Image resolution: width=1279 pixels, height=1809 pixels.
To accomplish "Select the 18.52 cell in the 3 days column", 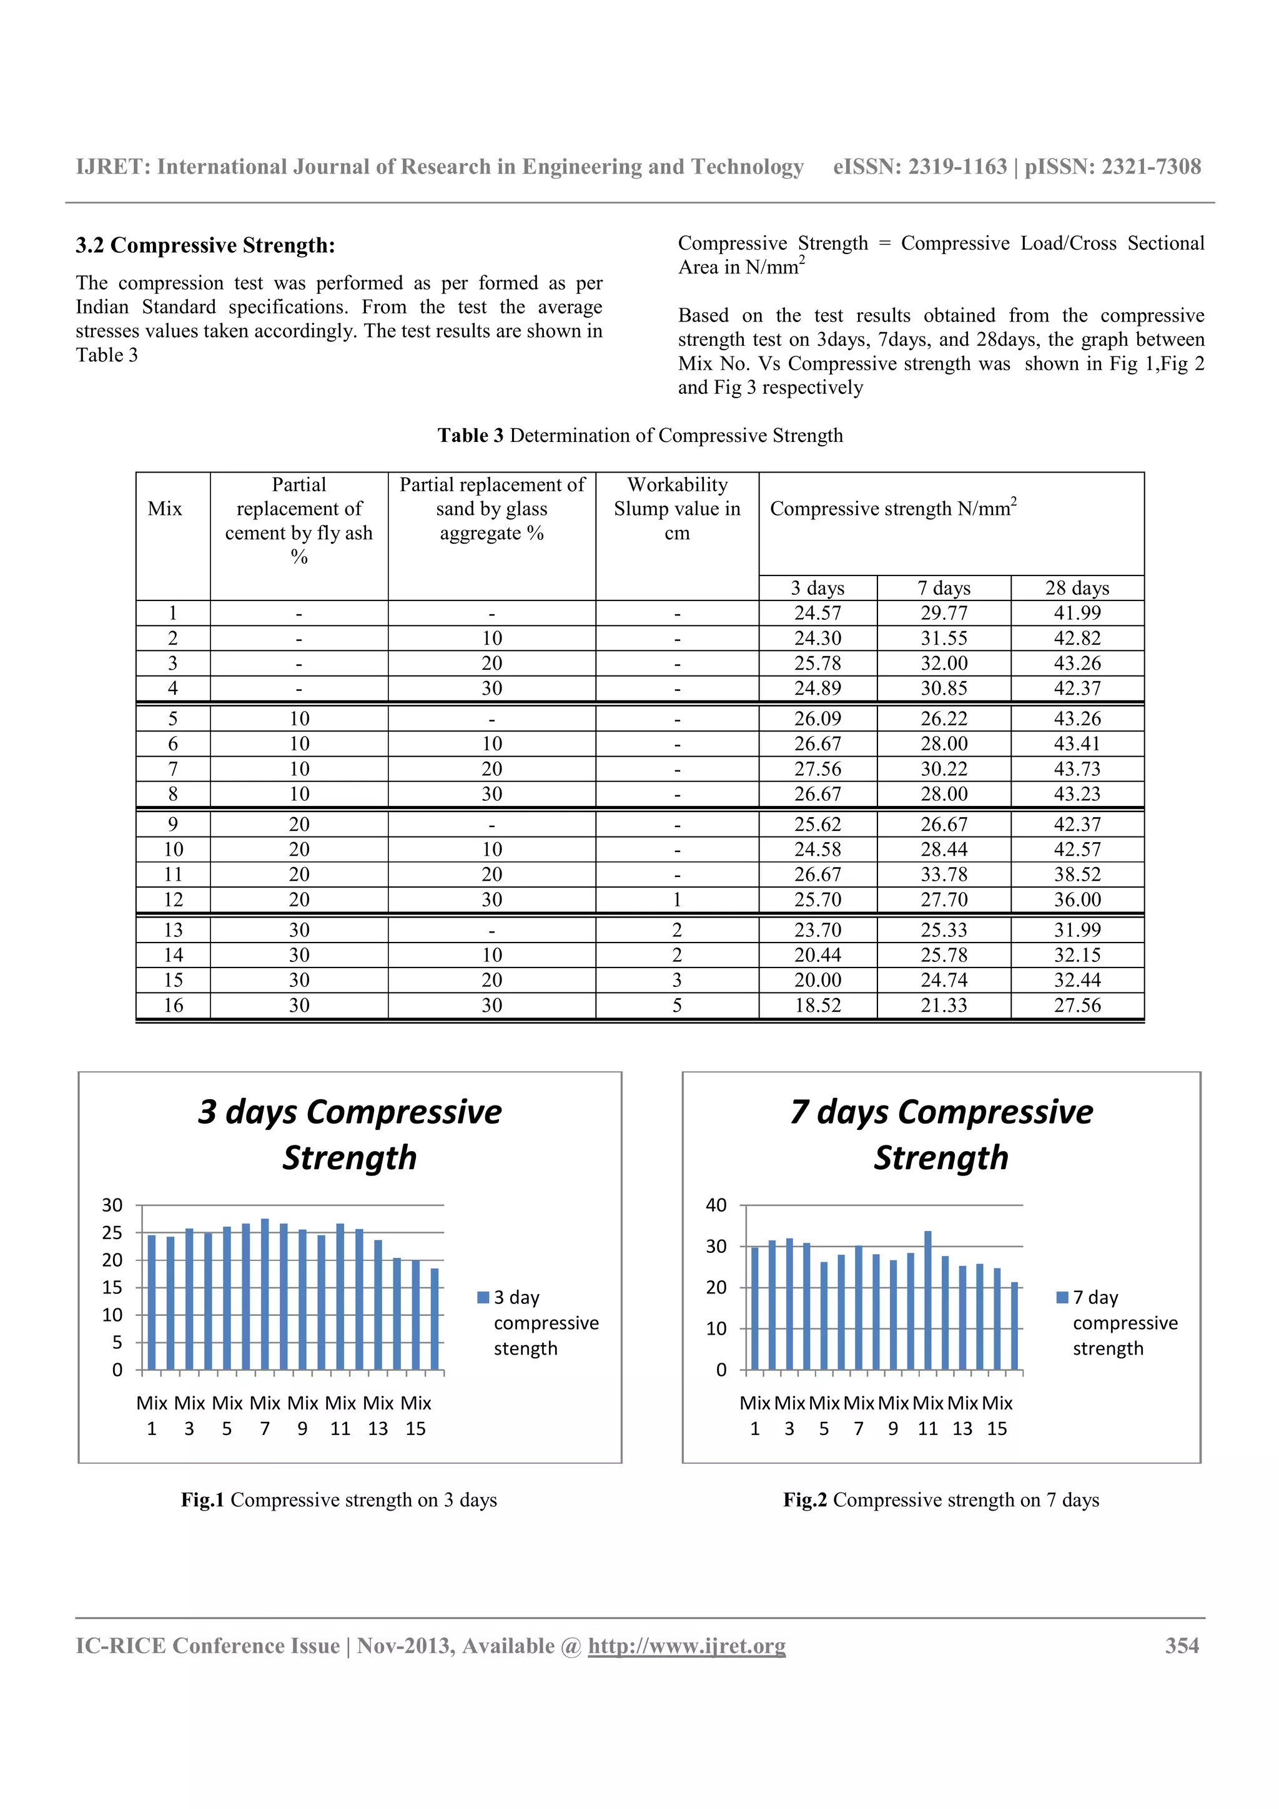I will tap(817, 1006).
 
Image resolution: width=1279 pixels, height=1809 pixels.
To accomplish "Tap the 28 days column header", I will tap(1077, 588).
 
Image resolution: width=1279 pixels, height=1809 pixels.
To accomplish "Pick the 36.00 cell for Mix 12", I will tap(1077, 900).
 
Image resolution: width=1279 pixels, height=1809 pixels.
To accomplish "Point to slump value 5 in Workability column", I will tap(677, 1006).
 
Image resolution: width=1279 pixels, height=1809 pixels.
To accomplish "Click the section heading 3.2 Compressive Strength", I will tap(205, 246).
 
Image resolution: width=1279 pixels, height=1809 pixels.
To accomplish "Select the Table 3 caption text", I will tap(640, 436).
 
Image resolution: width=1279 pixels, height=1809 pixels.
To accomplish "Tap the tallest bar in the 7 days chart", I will tap(927, 1300).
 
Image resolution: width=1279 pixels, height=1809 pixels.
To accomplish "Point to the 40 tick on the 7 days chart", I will tap(716, 1205).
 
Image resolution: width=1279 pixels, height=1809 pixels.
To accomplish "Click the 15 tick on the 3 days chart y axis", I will tap(112, 1287).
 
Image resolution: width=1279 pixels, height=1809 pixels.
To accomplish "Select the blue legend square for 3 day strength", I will tap(483, 1297).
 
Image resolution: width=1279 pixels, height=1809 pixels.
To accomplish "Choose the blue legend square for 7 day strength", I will tap(1062, 1297).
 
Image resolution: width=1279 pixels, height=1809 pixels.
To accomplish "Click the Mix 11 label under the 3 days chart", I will tap(340, 1415).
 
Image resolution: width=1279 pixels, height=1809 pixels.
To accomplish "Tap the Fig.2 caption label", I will tap(804, 1499).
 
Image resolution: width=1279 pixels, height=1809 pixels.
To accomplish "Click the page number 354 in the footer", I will tap(1182, 1646).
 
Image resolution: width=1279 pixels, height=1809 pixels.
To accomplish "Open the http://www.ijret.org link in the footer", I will tap(686, 1646).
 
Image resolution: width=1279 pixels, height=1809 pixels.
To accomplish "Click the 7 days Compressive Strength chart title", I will tap(941, 1135).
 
